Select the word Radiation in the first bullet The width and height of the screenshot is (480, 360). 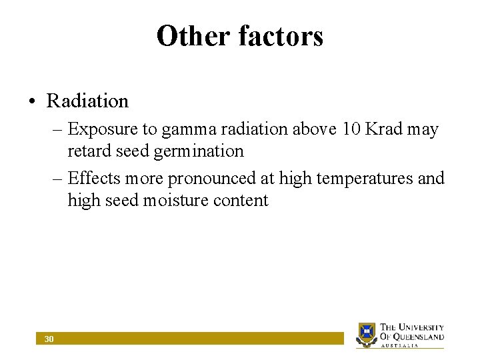pyautogui.click(x=87, y=101)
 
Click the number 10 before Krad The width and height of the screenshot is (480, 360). pyautogui.click(x=351, y=129)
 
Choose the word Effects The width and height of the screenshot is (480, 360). pyautogui.click(x=93, y=178)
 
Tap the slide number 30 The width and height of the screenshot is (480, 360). pyautogui.click(x=49, y=339)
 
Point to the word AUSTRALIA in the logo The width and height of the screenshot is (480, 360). pyautogui.click(x=399, y=346)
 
